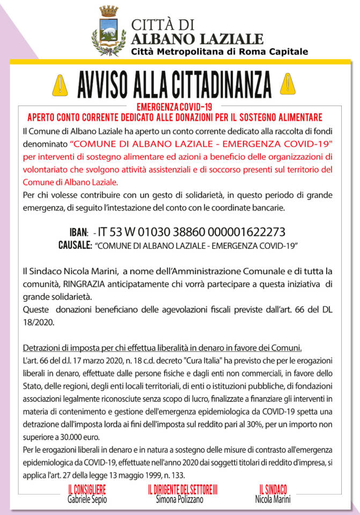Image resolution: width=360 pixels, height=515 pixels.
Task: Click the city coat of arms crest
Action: (x=109, y=31)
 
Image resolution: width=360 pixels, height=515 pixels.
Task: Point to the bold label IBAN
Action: (x=78, y=233)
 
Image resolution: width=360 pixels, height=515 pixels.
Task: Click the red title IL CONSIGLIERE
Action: (x=86, y=489)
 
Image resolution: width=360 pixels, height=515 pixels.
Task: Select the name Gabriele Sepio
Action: (x=86, y=499)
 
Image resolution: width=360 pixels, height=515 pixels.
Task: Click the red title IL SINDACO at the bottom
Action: (x=273, y=489)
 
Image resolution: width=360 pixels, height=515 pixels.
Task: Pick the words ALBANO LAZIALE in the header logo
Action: (x=197, y=38)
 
